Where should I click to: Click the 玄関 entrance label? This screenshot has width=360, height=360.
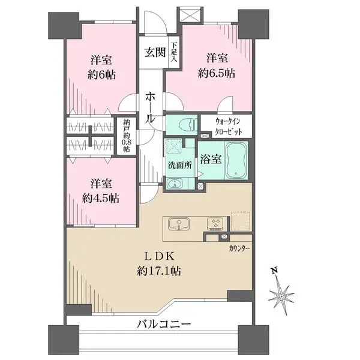click(x=155, y=53)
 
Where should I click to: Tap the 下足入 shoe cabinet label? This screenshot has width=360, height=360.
click(x=173, y=53)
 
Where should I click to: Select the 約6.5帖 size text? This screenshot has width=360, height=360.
click(x=217, y=73)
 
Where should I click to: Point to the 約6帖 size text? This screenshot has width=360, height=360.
click(x=102, y=74)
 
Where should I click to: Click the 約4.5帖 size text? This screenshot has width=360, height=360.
click(x=101, y=198)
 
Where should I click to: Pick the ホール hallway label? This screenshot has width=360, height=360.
click(x=151, y=109)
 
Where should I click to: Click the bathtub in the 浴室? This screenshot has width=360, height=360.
click(x=236, y=160)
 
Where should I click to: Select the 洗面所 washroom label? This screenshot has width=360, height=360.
click(x=180, y=166)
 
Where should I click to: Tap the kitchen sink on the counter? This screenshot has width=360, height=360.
click(x=179, y=224)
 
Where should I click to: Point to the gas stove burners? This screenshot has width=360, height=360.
click(x=215, y=224)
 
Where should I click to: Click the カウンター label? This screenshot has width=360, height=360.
click(x=239, y=248)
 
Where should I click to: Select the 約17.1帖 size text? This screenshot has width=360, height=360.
click(x=159, y=271)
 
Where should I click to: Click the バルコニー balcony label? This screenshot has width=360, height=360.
click(x=164, y=324)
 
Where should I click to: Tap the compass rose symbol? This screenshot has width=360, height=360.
click(x=281, y=296)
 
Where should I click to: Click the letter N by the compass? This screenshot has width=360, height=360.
click(x=274, y=271)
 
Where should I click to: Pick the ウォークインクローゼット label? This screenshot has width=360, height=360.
click(x=229, y=126)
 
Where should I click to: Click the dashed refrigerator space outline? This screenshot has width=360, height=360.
click(x=240, y=221)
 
